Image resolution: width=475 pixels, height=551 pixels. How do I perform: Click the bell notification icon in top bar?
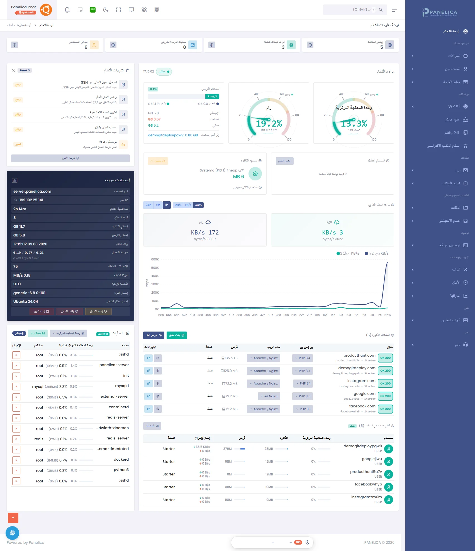click(67, 10)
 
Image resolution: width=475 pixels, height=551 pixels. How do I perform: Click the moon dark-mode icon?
click(106, 10)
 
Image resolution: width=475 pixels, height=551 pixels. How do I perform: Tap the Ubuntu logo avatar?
click(46, 10)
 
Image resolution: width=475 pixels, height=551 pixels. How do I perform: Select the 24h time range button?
click(148, 205)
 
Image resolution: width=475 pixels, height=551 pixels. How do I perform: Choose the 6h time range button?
click(158, 205)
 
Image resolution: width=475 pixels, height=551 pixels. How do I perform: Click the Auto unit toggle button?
click(198, 205)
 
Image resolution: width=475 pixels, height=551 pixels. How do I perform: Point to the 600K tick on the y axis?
click(155, 259)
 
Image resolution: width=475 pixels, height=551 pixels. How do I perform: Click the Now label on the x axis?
click(388, 315)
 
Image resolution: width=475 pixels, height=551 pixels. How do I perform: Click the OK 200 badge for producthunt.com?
click(385, 358)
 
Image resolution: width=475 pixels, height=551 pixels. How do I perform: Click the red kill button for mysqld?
click(16, 386)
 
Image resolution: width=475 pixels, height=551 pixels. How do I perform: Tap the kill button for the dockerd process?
click(16, 460)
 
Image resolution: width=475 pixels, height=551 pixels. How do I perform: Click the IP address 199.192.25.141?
click(31, 200)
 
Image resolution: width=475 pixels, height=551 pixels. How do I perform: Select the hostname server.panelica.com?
click(32, 191)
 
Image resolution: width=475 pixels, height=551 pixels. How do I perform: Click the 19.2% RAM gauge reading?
click(269, 123)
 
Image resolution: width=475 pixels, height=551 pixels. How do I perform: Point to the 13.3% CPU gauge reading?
click(354, 123)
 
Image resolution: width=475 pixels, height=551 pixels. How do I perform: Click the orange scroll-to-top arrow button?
click(13, 518)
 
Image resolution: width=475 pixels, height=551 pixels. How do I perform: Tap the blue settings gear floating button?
click(12, 533)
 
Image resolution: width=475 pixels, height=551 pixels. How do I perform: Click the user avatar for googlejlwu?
click(388, 461)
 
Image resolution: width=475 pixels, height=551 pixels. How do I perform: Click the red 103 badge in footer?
click(298, 542)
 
